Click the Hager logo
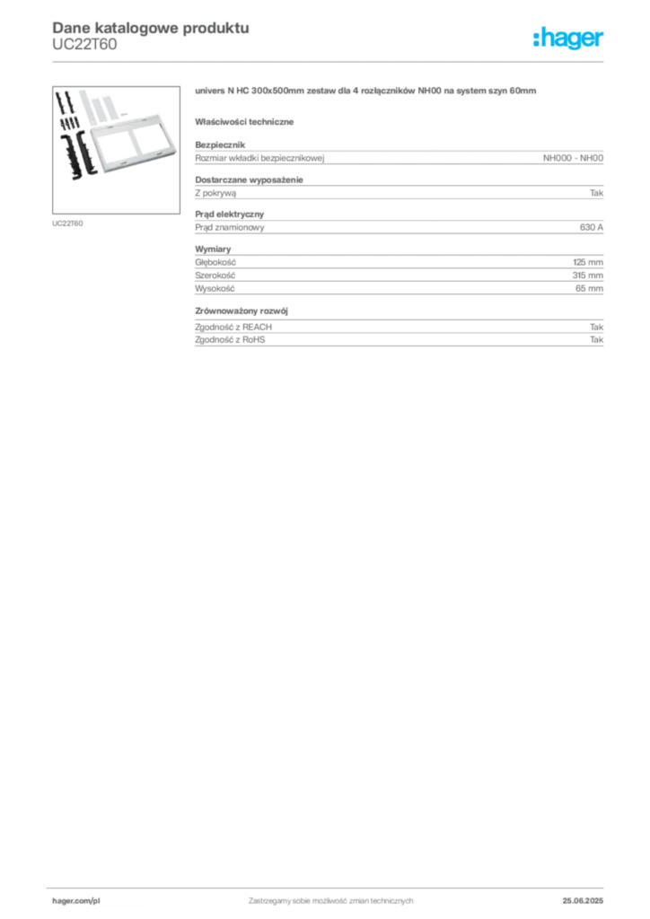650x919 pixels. click(568, 39)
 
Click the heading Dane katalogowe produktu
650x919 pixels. click(151, 28)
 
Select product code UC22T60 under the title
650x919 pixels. click(84, 45)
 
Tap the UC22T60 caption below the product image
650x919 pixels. click(67, 223)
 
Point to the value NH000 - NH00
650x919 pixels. click(573, 158)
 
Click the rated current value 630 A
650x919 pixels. click(592, 227)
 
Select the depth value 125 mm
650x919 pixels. click(588, 262)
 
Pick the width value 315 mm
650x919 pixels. click(588, 275)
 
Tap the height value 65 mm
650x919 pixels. click(589, 288)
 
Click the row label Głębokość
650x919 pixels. click(215, 262)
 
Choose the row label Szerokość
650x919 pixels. click(215, 275)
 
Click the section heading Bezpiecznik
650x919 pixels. click(220, 144)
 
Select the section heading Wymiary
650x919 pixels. click(213, 249)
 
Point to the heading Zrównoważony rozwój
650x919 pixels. click(242, 311)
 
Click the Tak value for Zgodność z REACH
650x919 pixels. click(597, 327)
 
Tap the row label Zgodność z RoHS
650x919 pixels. click(230, 339)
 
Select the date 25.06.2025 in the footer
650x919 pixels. click(583, 901)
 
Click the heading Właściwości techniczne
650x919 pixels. click(244, 122)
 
